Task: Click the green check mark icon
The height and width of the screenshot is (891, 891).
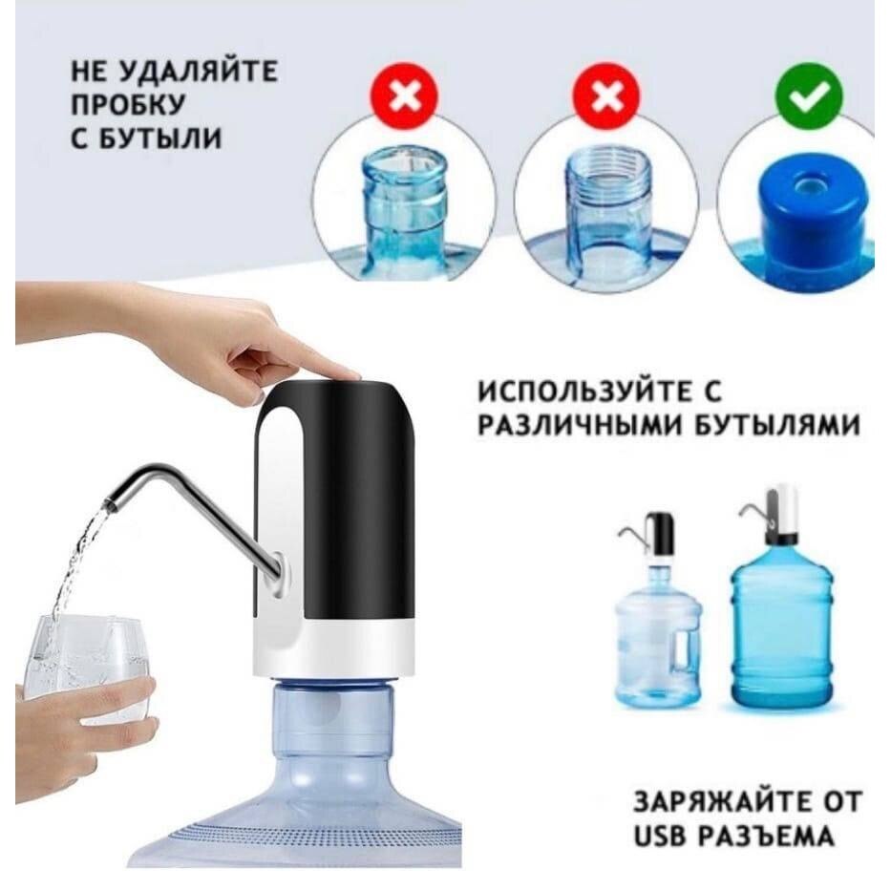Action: (x=809, y=96)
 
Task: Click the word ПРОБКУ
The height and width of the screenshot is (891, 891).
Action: (x=128, y=105)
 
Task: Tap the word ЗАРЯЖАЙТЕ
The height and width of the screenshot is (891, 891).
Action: (x=718, y=802)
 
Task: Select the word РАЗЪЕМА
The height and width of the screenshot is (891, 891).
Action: (x=766, y=836)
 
